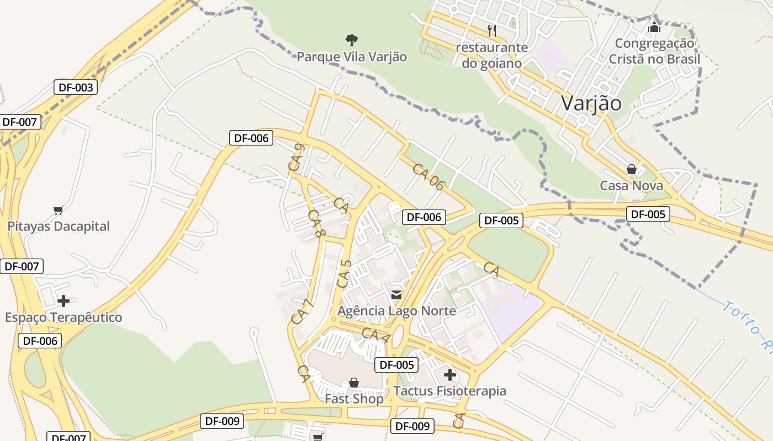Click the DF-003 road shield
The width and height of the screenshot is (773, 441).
pos(76,87)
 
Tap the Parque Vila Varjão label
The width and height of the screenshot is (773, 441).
pos(352,57)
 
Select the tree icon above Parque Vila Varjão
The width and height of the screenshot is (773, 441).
pos(351,40)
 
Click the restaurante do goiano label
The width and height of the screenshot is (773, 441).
pos(491,55)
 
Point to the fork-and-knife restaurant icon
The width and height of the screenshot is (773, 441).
pos(492,30)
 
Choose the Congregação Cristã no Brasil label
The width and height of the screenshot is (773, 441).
pos(654,51)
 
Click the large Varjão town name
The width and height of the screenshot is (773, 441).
pos(591,103)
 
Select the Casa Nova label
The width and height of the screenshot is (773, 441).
pos(632,185)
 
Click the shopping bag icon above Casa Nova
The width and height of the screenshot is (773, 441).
pos(631,169)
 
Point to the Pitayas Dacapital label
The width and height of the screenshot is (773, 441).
pos(59,226)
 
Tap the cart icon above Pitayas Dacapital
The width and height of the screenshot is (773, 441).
pos(58,209)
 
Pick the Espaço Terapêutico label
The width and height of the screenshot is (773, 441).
pos(63,318)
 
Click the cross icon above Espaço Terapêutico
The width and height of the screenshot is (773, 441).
pos(63,301)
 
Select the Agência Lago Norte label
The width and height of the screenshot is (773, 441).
pos(396,311)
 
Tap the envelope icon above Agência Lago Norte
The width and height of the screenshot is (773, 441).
pos(396,294)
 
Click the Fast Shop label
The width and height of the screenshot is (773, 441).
pos(354,399)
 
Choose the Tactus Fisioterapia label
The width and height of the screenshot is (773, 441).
pos(449,391)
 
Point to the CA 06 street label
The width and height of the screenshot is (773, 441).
pos(428,177)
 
